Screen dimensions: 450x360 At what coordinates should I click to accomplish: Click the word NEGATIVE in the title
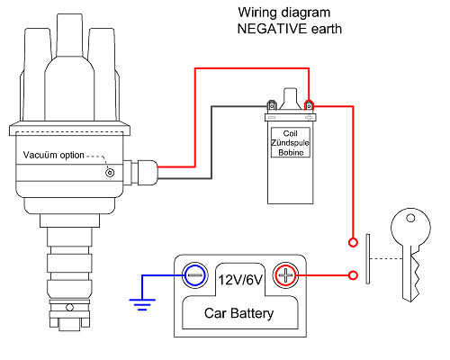pyautogui.click(x=272, y=29)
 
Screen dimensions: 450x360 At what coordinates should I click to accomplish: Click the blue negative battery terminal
pyautogui.click(x=195, y=275)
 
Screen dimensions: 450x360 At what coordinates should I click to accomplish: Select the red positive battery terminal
pyautogui.click(x=285, y=275)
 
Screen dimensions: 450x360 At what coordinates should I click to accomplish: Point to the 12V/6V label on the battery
pyautogui.click(x=240, y=280)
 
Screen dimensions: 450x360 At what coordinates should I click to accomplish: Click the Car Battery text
pyautogui.click(x=239, y=313)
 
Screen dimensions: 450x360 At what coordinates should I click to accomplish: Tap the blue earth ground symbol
pyautogui.click(x=142, y=304)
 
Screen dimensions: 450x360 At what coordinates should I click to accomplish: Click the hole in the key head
pyautogui.click(x=410, y=218)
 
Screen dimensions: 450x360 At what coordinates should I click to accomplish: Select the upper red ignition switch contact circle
pyautogui.click(x=353, y=242)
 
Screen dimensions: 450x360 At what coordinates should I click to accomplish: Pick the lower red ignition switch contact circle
pyautogui.click(x=354, y=275)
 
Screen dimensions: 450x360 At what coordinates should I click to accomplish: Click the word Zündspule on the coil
pyautogui.click(x=290, y=142)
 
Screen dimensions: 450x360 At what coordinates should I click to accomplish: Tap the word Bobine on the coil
pyautogui.click(x=291, y=152)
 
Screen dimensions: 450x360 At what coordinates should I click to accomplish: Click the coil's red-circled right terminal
pyautogui.click(x=309, y=106)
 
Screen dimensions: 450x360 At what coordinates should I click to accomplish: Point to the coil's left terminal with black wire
pyautogui.click(x=272, y=105)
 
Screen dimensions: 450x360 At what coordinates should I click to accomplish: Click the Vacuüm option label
pyautogui.click(x=54, y=155)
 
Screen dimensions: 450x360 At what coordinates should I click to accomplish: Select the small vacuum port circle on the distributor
pyautogui.click(x=110, y=173)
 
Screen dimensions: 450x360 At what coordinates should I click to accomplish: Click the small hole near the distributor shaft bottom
pyautogui.click(x=69, y=308)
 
